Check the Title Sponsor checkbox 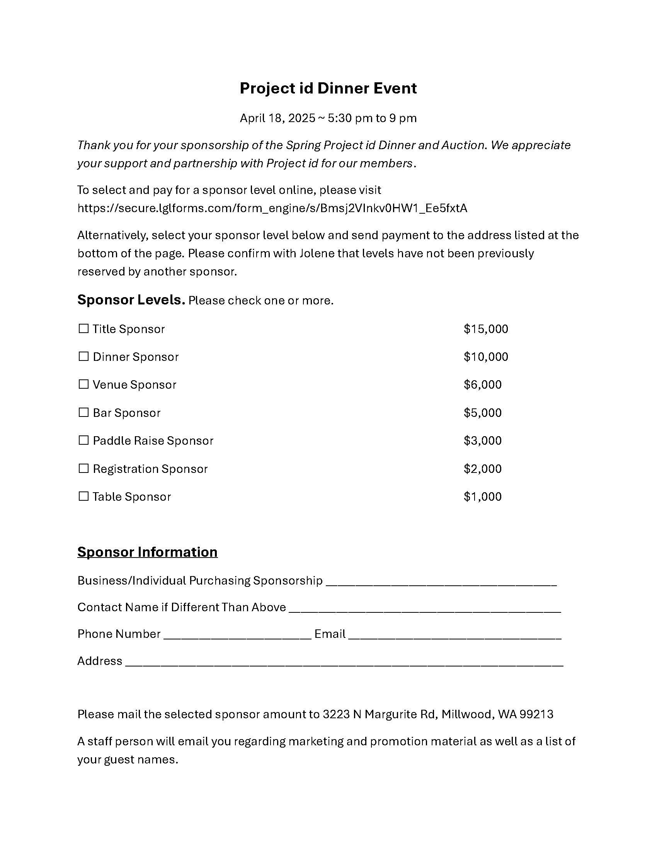coord(83,328)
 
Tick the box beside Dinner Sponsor coord(83,357)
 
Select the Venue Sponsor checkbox coord(83,384)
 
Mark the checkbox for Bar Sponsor coord(83,413)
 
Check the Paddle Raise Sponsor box coord(83,440)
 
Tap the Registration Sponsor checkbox coord(83,468)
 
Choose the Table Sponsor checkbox coord(83,496)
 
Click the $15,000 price coord(486,329)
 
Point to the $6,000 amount coord(483,385)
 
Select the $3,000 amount coord(483,440)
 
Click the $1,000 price coord(483,496)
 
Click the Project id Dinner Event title coord(328,88)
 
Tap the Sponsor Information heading coord(147,552)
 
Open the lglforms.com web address coord(272,208)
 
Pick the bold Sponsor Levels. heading coord(131,300)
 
